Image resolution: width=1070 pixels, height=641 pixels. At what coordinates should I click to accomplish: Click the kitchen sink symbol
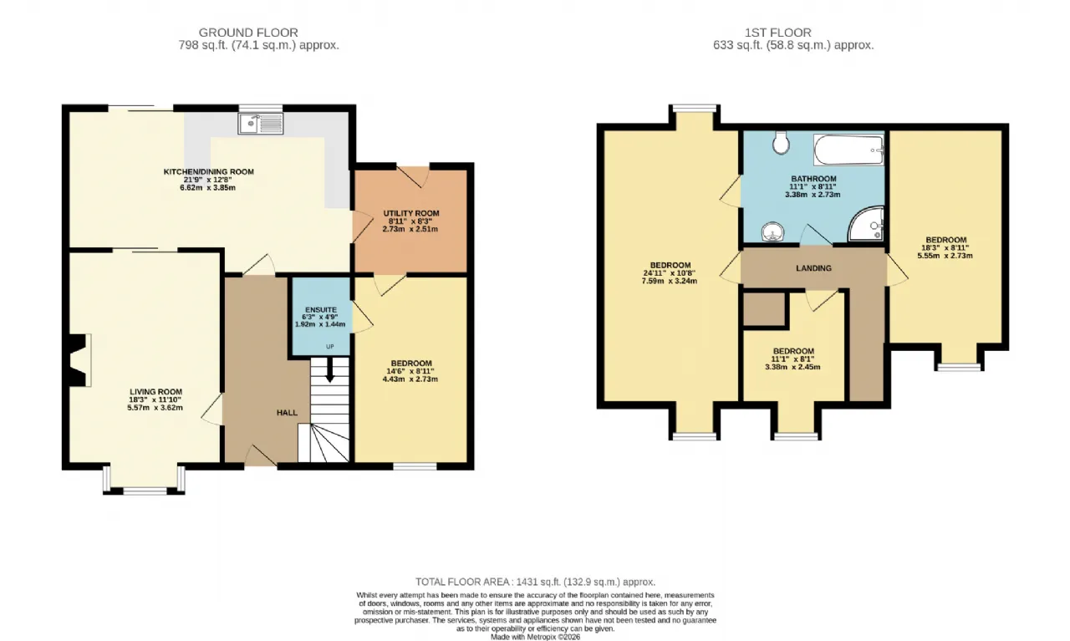(x=261, y=125)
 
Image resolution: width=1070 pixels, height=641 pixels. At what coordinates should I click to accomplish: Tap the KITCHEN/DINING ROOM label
(x=208, y=171)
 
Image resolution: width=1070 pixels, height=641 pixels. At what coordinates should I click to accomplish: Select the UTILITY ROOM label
(x=410, y=213)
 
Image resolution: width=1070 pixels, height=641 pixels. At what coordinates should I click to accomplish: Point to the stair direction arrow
(x=329, y=373)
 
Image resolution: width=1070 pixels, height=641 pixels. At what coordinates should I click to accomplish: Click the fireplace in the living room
(x=78, y=360)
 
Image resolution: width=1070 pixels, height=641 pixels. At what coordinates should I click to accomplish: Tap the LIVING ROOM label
(x=155, y=391)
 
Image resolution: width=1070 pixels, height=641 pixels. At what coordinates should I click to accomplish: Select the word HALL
(x=287, y=413)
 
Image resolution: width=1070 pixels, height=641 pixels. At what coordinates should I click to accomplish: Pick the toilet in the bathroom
(x=782, y=143)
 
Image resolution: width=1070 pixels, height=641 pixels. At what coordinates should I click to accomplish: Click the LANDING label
(x=813, y=268)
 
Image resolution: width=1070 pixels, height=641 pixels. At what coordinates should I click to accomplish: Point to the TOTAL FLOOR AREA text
(x=535, y=582)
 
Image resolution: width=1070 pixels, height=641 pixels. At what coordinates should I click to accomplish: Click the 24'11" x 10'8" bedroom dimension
(x=670, y=272)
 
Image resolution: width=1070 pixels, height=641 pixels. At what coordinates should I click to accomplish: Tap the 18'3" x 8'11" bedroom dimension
(x=945, y=247)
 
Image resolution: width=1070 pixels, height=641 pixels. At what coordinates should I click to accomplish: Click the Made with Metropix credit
(x=535, y=637)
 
